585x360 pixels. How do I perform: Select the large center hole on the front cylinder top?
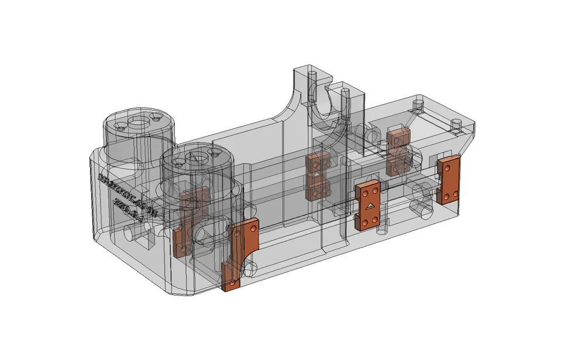[x=197, y=158]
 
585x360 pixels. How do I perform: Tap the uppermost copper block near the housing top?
[x=397, y=138]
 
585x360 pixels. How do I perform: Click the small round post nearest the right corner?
[x=457, y=124]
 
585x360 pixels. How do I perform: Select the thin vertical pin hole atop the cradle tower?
[x=312, y=76]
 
